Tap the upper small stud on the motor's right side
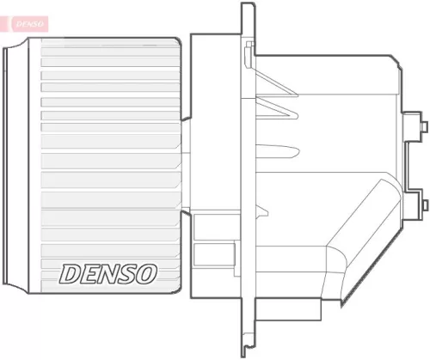coord(422,127)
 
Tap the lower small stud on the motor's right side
coord(422,203)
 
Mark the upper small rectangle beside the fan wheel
coord(204,227)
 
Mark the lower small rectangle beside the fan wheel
coord(204,255)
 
